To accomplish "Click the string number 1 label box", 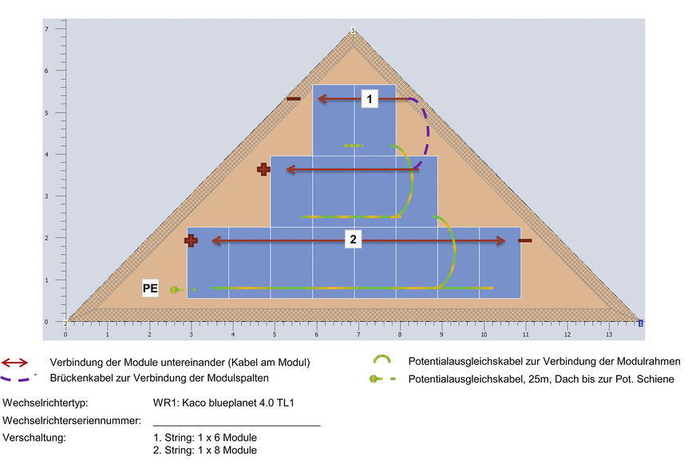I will click(x=369, y=98).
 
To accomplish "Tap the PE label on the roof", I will click(x=150, y=288).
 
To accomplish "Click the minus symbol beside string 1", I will click(x=294, y=98).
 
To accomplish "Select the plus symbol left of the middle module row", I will click(x=263, y=169).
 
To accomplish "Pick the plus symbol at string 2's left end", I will click(x=191, y=240).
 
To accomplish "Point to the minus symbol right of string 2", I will click(x=524, y=240).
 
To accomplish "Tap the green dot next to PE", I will click(x=174, y=289).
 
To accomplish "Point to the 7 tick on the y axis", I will click(x=46, y=30).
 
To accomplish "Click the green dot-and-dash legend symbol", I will click(x=382, y=379).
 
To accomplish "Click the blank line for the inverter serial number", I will click(x=236, y=423).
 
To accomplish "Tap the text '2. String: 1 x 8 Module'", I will click(x=205, y=451).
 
